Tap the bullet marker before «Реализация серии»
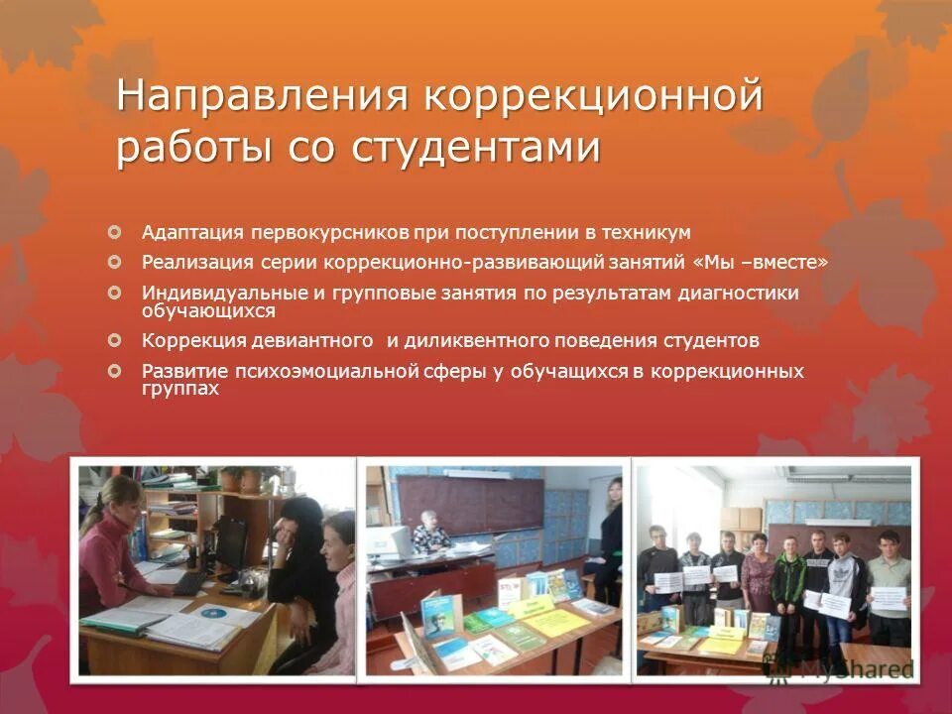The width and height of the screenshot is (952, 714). pyautogui.click(x=115, y=262)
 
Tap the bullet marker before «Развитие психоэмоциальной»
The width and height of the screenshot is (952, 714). pyautogui.click(x=115, y=370)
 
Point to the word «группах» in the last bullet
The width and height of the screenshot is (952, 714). pyautogui.click(x=179, y=390)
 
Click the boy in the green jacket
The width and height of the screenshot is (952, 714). pyautogui.click(x=788, y=585)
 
